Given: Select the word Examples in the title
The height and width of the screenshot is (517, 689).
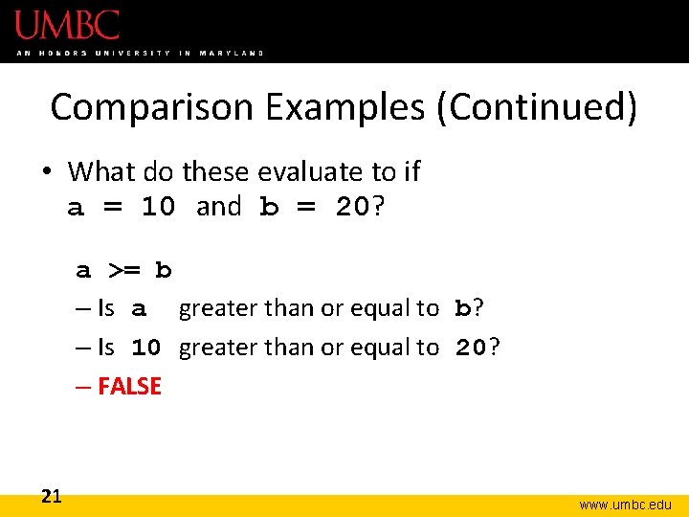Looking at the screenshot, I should [x=345, y=107].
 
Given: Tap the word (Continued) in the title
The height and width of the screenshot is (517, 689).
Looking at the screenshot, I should [x=536, y=107].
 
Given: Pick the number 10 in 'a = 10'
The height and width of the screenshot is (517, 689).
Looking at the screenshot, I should [x=158, y=208].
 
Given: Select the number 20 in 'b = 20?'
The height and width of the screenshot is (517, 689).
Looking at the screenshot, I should [x=352, y=208].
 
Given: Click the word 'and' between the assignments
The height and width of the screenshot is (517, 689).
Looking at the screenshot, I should [x=218, y=207].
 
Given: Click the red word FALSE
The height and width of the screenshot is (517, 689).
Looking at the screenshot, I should [x=129, y=387].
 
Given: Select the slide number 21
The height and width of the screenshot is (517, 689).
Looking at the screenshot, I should [x=52, y=496].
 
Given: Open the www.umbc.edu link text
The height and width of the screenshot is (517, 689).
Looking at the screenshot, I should [x=625, y=504].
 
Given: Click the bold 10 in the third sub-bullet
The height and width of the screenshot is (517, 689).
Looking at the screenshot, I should [x=146, y=348].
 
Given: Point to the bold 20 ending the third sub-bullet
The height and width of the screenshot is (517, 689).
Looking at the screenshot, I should [x=471, y=348].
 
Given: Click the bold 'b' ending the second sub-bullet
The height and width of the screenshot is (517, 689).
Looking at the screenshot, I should [x=463, y=309].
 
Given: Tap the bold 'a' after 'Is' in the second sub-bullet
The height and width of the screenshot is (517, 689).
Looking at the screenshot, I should [x=140, y=310].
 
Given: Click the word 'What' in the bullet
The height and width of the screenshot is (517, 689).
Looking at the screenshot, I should [x=102, y=172].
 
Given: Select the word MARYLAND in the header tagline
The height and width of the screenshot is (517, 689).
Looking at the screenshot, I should [x=232, y=53].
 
